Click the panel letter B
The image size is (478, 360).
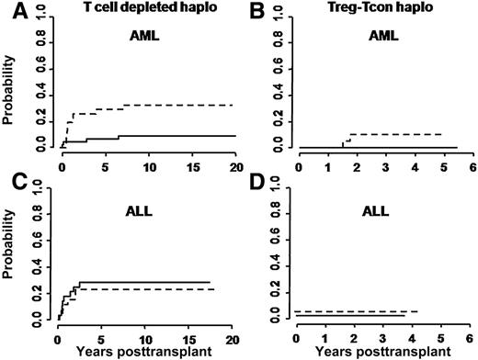[x=251, y=11]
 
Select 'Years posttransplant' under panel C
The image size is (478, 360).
[x=145, y=351]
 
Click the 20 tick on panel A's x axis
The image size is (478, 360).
[x=235, y=168]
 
